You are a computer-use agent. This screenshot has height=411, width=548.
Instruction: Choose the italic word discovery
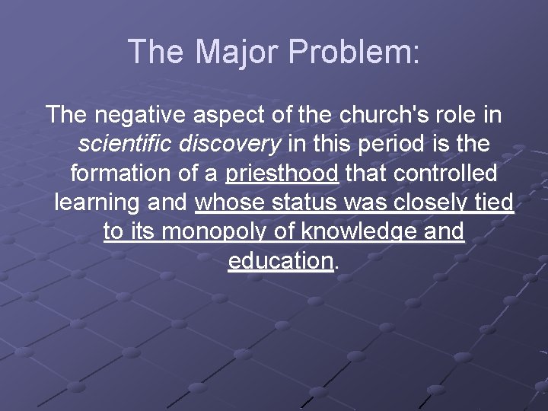point(233,144)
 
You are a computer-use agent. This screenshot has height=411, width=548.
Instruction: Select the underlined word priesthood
point(282,173)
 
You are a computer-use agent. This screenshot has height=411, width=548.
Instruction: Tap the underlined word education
point(280,260)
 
